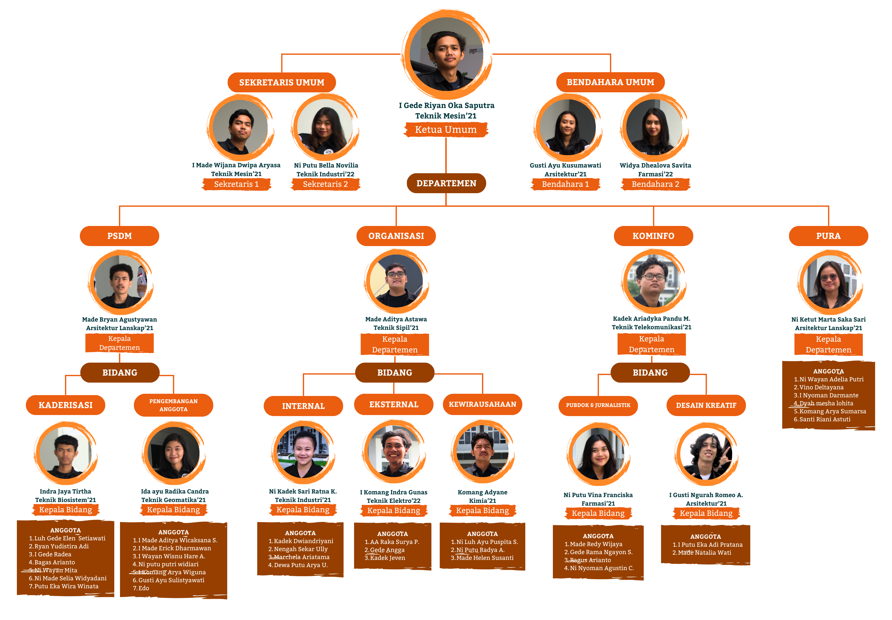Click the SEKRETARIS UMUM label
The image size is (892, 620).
[x=281, y=82]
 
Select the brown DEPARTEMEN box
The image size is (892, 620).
[x=446, y=183]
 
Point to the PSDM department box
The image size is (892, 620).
[x=119, y=236]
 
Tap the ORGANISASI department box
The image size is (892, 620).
[x=396, y=236]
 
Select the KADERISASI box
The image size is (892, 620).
[x=65, y=405]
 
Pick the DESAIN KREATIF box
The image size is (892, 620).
[x=706, y=405]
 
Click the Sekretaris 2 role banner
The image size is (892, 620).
[x=325, y=184]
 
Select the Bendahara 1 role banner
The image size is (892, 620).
[x=565, y=184]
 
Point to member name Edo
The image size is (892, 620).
[x=144, y=588]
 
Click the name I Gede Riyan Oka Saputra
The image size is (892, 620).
[x=446, y=105]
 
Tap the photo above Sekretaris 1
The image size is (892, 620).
[x=240, y=127]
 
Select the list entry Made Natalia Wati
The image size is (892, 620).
[x=704, y=552]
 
